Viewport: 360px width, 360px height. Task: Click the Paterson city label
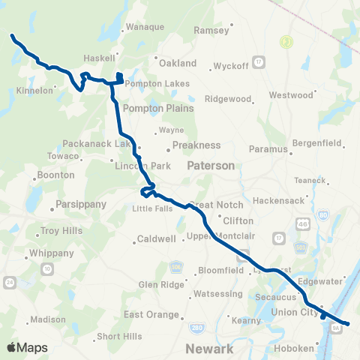coord(211,165)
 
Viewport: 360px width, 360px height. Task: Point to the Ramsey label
coord(206,31)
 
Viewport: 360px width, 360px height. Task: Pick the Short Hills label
coord(118,336)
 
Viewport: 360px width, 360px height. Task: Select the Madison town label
coord(48,320)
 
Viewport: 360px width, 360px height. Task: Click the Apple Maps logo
coord(27,347)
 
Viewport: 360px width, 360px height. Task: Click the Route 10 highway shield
coord(46,268)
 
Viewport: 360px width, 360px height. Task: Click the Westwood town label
coord(290,96)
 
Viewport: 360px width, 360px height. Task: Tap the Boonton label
coord(56,175)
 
